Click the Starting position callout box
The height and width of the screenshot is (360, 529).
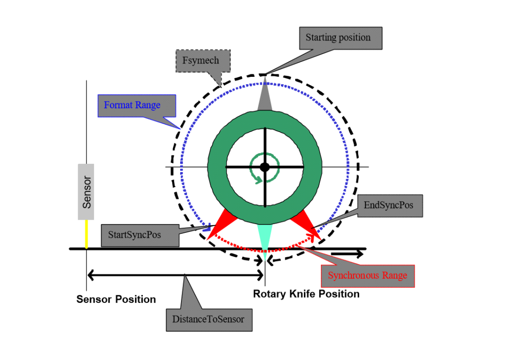pos(338,38)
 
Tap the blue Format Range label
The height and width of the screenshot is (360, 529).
pos(132,105)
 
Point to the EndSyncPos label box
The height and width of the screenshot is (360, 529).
pos(389,205)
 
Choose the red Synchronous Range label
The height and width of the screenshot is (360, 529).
pos(368,275)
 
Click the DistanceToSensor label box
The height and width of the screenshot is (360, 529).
pos(208,319)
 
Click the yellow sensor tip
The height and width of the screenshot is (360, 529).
pos(87,234)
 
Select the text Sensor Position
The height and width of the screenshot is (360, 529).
pos(116,299)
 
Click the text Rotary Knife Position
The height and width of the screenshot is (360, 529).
pos(306,294)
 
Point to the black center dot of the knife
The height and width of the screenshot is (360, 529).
pos(265,167)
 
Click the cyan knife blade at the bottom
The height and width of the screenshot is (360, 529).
pos(265,239)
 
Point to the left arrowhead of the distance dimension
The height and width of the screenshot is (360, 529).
pos(91,275)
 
